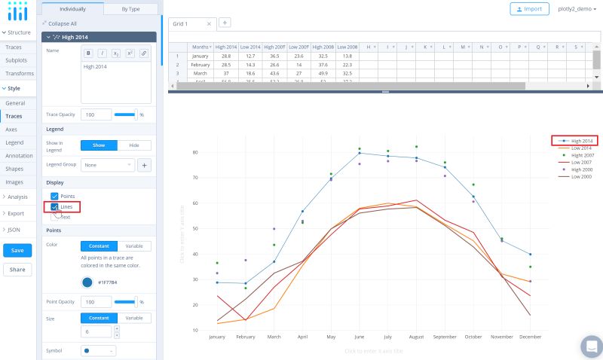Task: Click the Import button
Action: [529, 9]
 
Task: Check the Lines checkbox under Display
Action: [55, 206]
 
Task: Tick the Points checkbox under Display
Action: [55, 196]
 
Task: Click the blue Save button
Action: [17, 250]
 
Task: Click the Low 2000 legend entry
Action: [581, 176]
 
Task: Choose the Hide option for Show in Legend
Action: [133, 145]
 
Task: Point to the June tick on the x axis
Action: [360, 337]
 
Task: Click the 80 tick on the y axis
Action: [194, 152]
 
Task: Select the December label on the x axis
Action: [531, 337]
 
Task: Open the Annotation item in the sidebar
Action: [19, 156]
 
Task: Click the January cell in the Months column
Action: [200, 56]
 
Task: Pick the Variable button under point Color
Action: [133, 246]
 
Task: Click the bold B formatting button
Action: [88, 53]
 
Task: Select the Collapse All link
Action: [63, 23]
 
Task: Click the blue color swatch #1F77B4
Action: [87, 282]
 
